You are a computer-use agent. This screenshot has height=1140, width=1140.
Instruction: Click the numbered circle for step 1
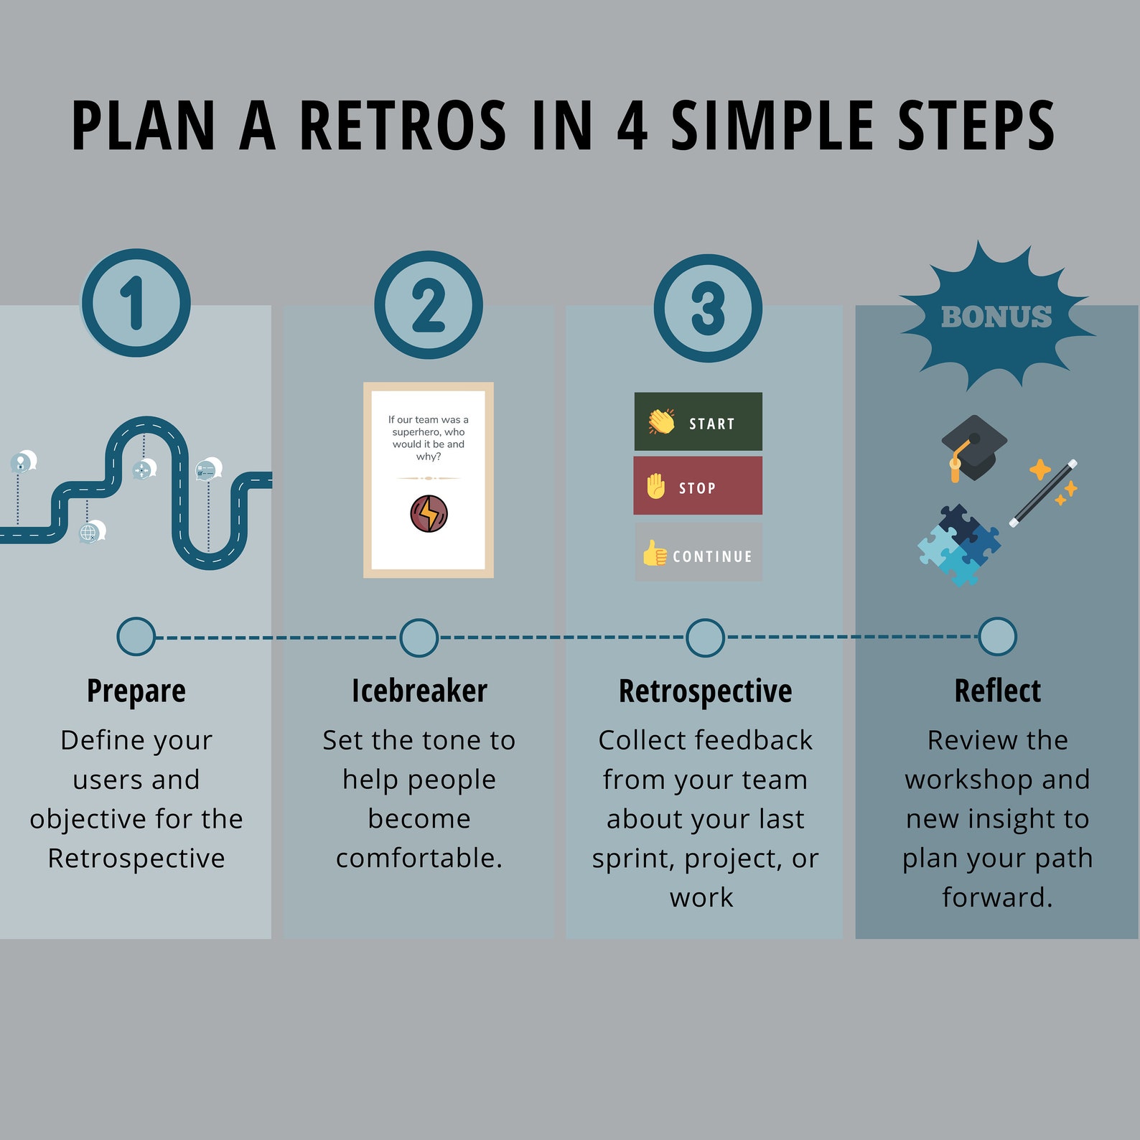[136, 302]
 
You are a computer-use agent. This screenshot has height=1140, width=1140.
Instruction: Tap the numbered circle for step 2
[429, 305]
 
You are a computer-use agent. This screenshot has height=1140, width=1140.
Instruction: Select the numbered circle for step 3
[708, 308]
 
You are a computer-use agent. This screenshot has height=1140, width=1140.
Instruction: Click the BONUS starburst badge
[996, 317]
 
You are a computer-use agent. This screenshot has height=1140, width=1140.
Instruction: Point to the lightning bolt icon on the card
[429, 514]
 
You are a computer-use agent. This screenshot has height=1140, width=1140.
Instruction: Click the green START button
[698, 422]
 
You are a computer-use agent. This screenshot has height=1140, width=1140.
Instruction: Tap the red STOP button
[698, 486]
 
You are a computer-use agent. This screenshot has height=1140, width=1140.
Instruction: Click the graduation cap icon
[972, 448]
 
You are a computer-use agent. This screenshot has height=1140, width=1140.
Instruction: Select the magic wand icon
[1045, 493]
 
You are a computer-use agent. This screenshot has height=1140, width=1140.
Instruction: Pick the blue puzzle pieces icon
[958, 546]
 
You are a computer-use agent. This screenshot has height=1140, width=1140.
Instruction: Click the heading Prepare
[136, 691]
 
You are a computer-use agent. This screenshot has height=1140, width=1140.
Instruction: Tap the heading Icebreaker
[419, 691]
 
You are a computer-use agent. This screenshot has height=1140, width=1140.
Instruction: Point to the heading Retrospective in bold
[705, 691]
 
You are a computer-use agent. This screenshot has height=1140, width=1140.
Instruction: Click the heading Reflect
[997, 691]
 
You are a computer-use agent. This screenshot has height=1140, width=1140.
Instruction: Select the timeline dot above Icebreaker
[419, 637]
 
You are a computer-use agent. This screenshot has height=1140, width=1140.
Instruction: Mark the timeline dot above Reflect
[997, 637]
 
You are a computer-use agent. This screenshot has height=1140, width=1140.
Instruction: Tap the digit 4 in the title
[632, 126]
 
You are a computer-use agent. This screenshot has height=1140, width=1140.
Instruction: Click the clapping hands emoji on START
[661, 421]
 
